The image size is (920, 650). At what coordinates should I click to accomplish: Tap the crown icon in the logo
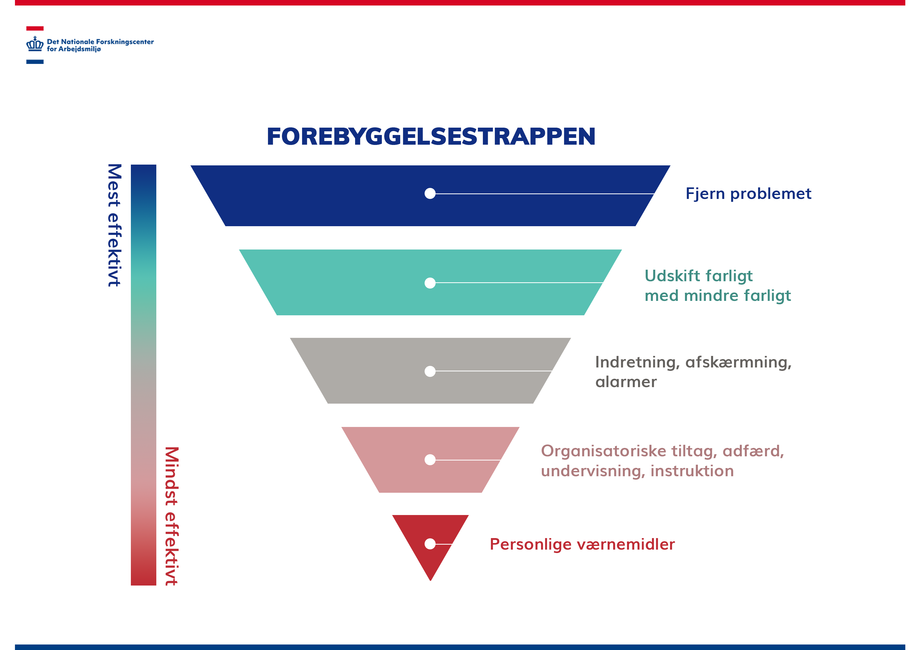coord(35,44)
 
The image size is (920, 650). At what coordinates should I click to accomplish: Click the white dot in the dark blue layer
coord(430,193)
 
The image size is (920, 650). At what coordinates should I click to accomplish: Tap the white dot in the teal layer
coord(430,283)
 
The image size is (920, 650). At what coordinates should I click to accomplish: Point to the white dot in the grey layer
coord(430,371)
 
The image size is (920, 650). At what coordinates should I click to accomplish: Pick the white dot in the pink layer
coord(430,460)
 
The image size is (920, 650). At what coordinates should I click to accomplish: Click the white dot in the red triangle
coord(430,544)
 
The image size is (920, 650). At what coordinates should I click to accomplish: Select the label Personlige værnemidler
coord(582,545)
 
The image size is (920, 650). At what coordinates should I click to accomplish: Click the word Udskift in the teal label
coord(671,276)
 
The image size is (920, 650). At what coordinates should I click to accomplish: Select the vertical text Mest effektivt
coord(114,225)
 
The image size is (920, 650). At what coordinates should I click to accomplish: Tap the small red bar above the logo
coord(35,28)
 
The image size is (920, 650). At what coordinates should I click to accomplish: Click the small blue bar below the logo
coord(35,62)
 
